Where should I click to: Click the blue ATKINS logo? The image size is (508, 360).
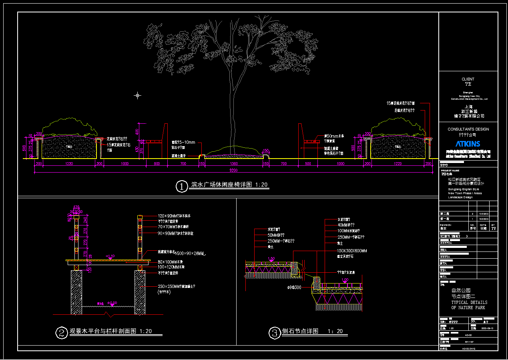(468, 143)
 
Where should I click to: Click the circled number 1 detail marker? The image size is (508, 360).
(182, 187)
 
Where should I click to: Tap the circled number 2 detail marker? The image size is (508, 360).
(61, 333)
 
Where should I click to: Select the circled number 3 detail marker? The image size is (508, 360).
(274, 333)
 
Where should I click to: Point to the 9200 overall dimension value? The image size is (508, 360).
(233, 171)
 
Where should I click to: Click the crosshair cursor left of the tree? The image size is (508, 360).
(137, 95)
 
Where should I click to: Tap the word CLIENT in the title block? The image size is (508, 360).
(468, 79)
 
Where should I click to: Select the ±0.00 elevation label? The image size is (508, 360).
(112, 303)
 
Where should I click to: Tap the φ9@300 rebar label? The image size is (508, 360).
(294, 288)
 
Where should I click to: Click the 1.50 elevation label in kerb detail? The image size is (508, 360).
(271, 259)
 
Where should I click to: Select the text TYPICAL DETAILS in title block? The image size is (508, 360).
(469, 302)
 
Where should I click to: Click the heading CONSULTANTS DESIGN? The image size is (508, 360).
(468, 129)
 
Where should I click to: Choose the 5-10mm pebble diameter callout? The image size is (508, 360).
(183, 142)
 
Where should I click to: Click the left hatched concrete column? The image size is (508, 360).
(76, 292)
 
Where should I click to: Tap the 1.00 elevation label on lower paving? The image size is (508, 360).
(345, 280)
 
